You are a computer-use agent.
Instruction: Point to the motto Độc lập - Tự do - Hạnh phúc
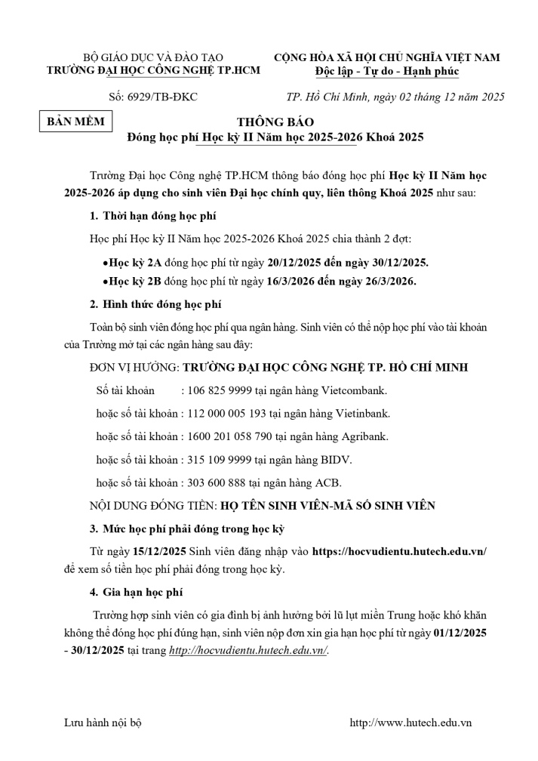387,72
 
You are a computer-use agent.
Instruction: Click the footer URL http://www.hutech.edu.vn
410,722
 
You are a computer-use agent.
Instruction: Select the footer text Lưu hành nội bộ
103,722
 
